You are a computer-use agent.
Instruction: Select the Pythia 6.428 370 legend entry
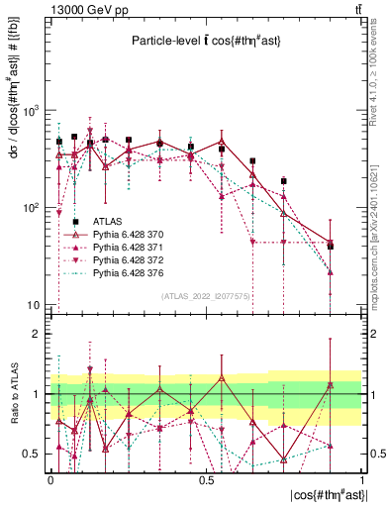point(126,236)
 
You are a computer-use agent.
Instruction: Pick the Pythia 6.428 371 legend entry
point(126,248)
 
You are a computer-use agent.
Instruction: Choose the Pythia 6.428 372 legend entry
point(126,259)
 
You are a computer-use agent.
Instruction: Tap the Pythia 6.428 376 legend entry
point(126,271)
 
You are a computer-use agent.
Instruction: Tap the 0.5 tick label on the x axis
point(205,476)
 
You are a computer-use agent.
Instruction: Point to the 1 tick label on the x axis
point(360,476)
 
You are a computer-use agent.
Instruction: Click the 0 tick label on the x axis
point(50,476)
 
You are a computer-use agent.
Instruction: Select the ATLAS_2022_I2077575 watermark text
point(205,295)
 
